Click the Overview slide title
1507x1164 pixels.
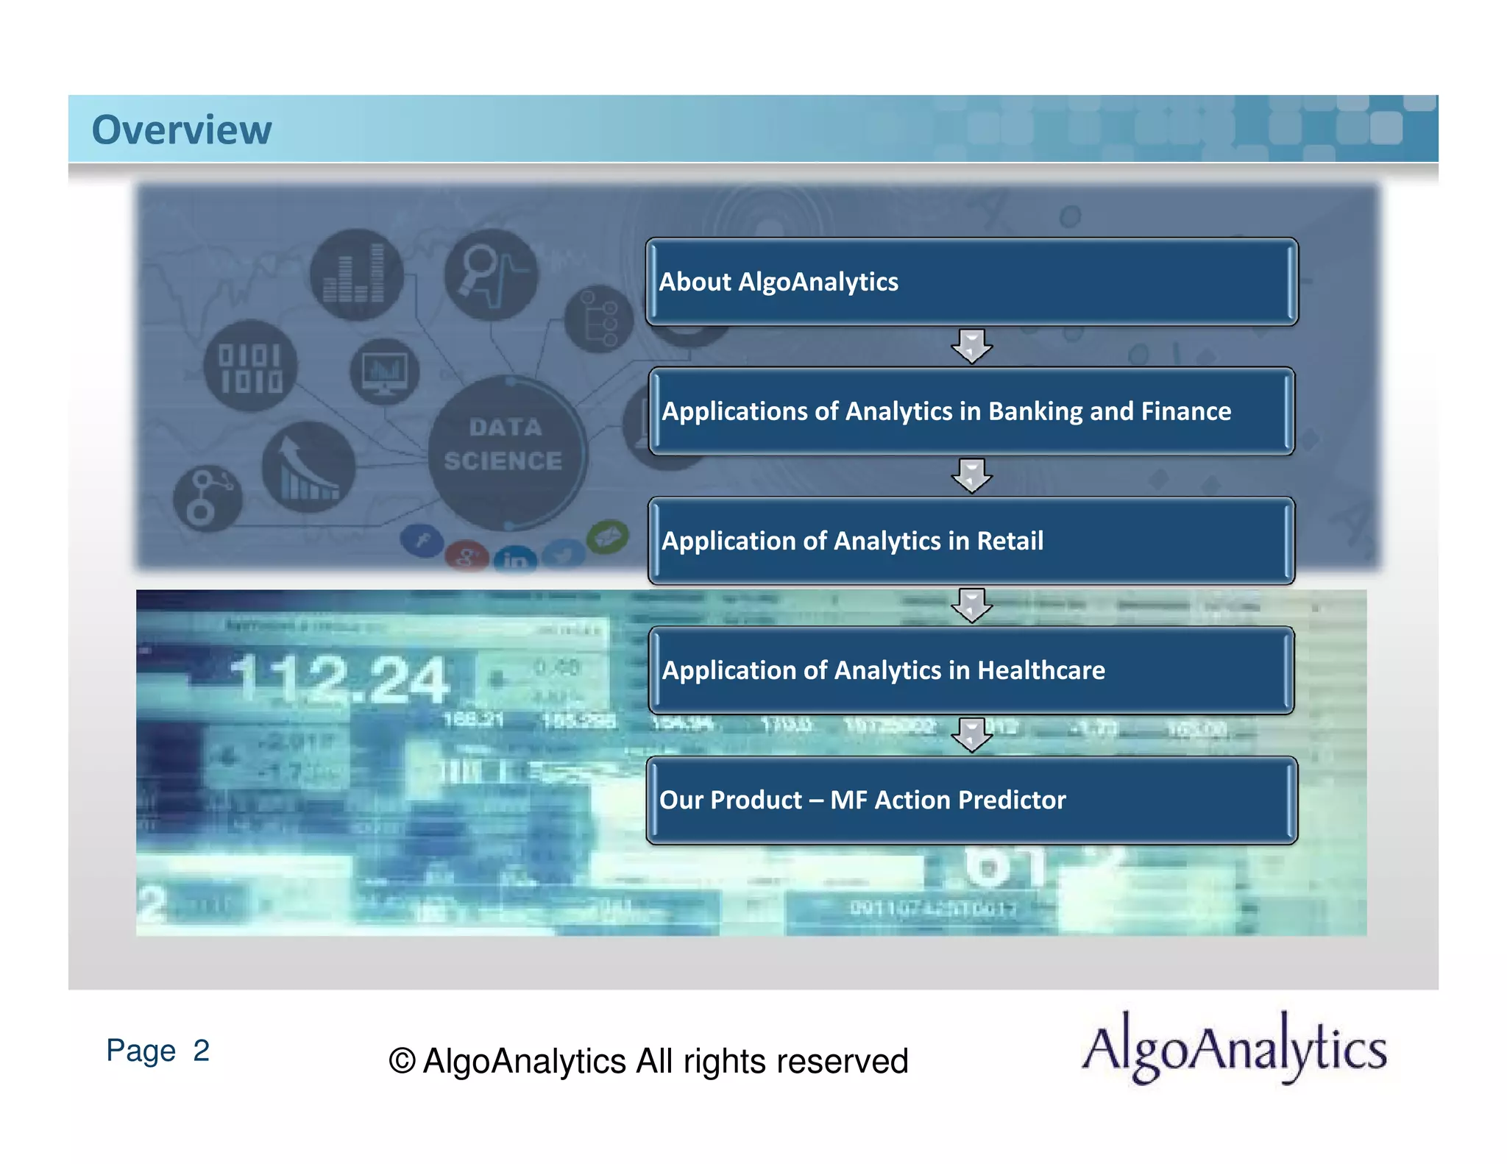click(181, 130)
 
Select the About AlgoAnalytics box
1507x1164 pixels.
click(971, 282)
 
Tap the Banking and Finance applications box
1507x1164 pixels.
click(971, 411)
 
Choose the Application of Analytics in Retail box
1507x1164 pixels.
click(971, 541)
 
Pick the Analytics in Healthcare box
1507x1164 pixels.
click(971, 670)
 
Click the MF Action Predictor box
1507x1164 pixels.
click(971, 800)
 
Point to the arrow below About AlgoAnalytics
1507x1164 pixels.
click(971, 346)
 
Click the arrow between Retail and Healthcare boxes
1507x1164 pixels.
click(971, 605)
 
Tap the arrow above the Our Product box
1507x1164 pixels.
click(971, 734)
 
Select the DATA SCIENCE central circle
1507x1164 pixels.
click(506, 450)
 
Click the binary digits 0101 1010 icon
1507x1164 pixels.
click(250, 366)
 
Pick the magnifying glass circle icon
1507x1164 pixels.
click(491, 274)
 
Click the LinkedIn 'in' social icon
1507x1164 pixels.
click(514, 560)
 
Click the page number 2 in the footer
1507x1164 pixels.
click(201, 1050)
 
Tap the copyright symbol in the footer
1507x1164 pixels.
click(402, 1061)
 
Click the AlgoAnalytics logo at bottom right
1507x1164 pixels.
click(1233, 1048)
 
